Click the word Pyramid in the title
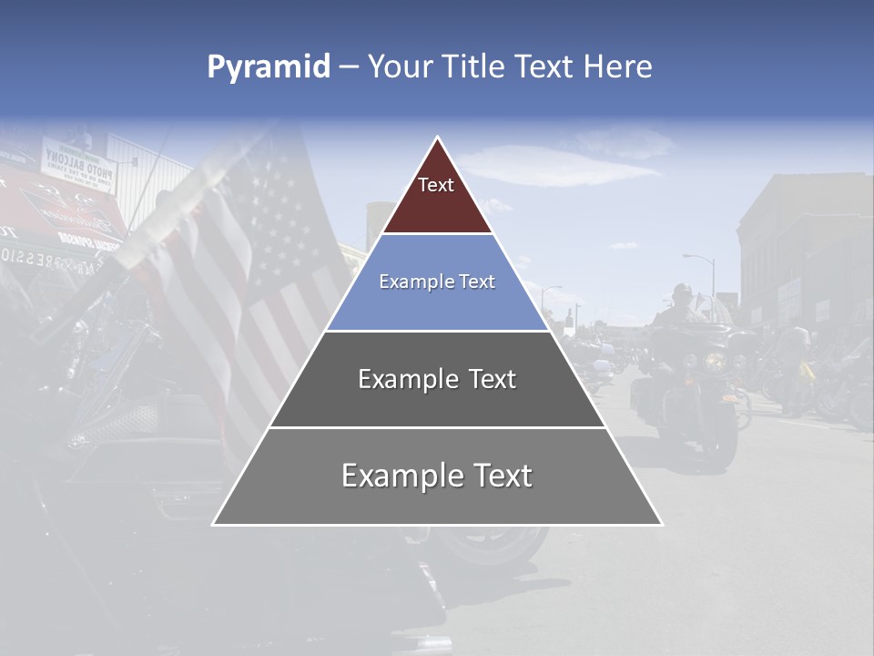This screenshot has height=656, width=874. [x=269, y=67]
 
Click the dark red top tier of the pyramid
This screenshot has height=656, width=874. [x=437, y=196]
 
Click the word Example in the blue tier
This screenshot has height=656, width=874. [x=411, y=282]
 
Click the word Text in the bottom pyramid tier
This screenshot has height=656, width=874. [x=500, y=476]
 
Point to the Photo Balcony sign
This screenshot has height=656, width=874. [x=79, y=165]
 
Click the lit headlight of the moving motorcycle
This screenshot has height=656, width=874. [x=716, y=362]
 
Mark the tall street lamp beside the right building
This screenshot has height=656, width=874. [x=712, y=273]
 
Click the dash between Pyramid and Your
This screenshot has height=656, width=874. [x=348, y=67]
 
